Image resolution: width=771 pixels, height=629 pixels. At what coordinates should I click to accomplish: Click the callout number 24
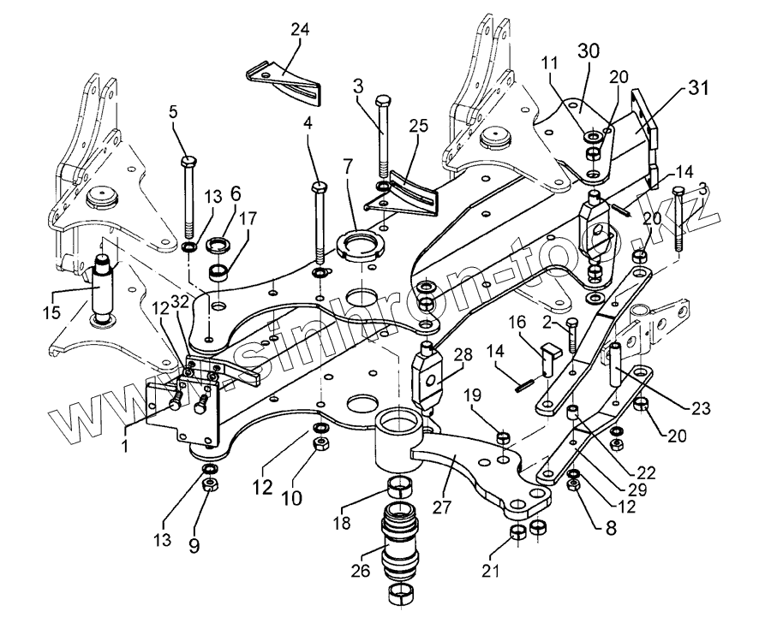tap(299, 29)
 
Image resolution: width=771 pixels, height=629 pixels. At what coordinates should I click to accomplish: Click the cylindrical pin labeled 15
tap(103, 287)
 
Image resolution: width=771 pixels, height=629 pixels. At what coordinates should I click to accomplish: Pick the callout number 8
tap(609, 528)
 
